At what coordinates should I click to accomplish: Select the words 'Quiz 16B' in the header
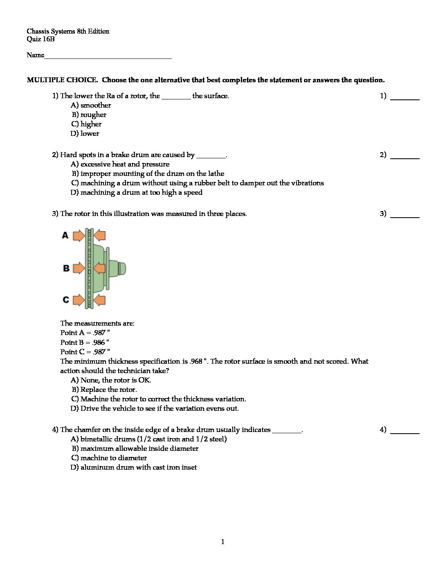(x=40, y=39)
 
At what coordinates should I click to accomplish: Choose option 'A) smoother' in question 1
(x=91, y=106)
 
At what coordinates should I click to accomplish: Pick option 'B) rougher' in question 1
(x=89, y=115)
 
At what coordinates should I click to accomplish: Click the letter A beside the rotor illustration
(x=65, y=235)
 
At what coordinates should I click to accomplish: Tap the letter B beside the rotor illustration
(x=66, y=268)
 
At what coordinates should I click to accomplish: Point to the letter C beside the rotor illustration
(x=66, y=300)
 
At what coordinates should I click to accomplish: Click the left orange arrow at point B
(x=79, y=268)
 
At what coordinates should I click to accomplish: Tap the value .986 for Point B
(x=99, y=342)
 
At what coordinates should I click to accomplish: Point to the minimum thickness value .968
(x=196, y=361)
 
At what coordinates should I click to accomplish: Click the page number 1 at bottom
(x=222, y=542)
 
